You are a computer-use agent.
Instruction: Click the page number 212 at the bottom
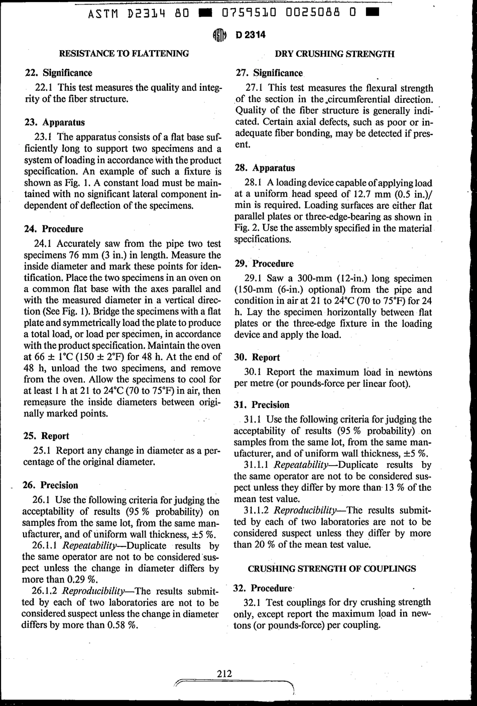click(x=224, y=673)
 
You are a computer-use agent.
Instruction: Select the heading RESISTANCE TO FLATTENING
click(x=124, y=53)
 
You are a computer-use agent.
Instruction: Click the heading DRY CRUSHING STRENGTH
click(x=335, y=54)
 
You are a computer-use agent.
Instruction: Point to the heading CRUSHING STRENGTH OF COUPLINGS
click(x=332, y=569)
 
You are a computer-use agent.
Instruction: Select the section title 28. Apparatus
click(x=265, y=168)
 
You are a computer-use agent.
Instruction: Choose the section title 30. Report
click(x=258, y=357)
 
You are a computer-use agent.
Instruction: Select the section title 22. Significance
click(x=58, y=73)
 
